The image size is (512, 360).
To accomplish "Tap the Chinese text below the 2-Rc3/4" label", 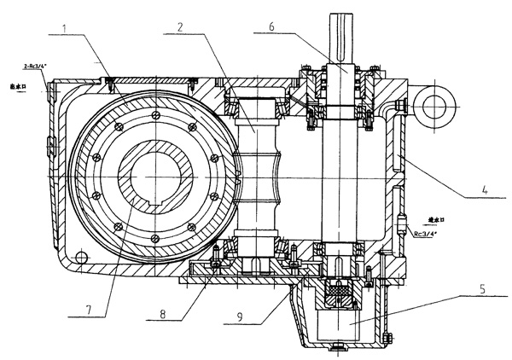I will (x=19, y=85).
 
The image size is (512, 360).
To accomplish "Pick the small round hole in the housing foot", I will (x=80, y=257).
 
